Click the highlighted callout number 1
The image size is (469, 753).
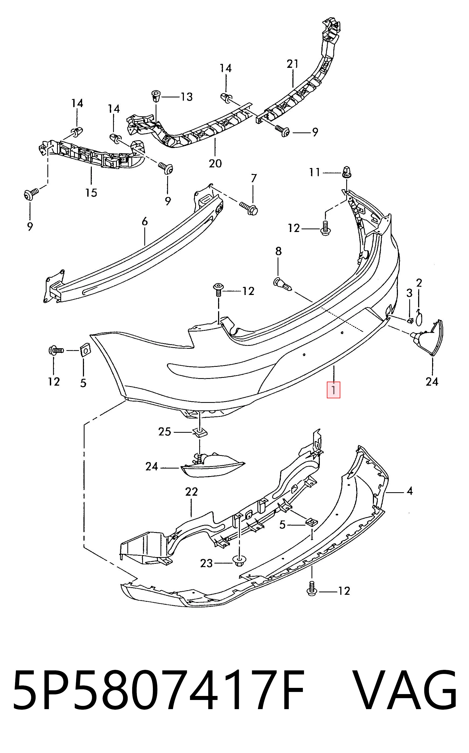coord(334,390)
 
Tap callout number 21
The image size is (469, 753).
coord(292,64)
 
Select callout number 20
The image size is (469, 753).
coord(215,163)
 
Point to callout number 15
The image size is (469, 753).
coord(92,192)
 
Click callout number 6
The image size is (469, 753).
coord(145,222)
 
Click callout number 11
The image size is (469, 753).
coord(314,172)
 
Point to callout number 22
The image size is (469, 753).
coord(191,491)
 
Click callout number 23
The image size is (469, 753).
coord(206,563)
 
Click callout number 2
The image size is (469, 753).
coord(419,283)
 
